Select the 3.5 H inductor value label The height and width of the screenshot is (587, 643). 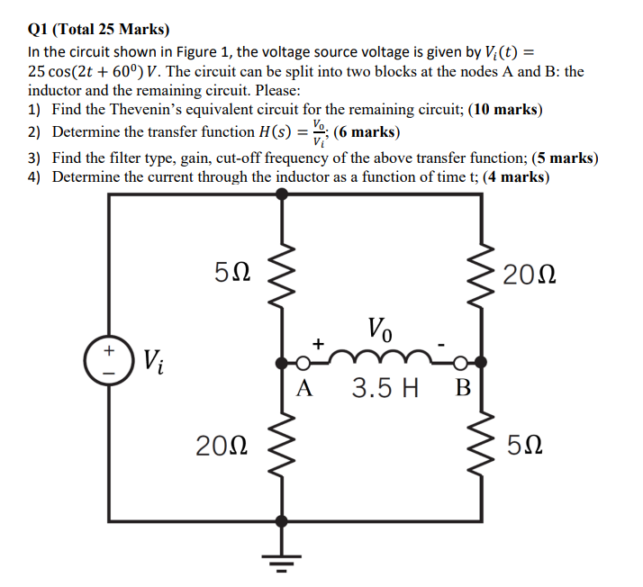tap(385, 389)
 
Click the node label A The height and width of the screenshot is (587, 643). tap(305, 389)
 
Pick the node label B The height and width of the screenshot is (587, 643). tap(463, 389)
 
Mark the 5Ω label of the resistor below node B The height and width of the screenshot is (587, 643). tap(525, 444)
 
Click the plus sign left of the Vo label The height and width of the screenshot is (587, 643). tap(317, 343)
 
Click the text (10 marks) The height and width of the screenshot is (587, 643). tap(503, 110)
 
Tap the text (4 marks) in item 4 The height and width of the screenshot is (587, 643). tap(515, 176)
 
